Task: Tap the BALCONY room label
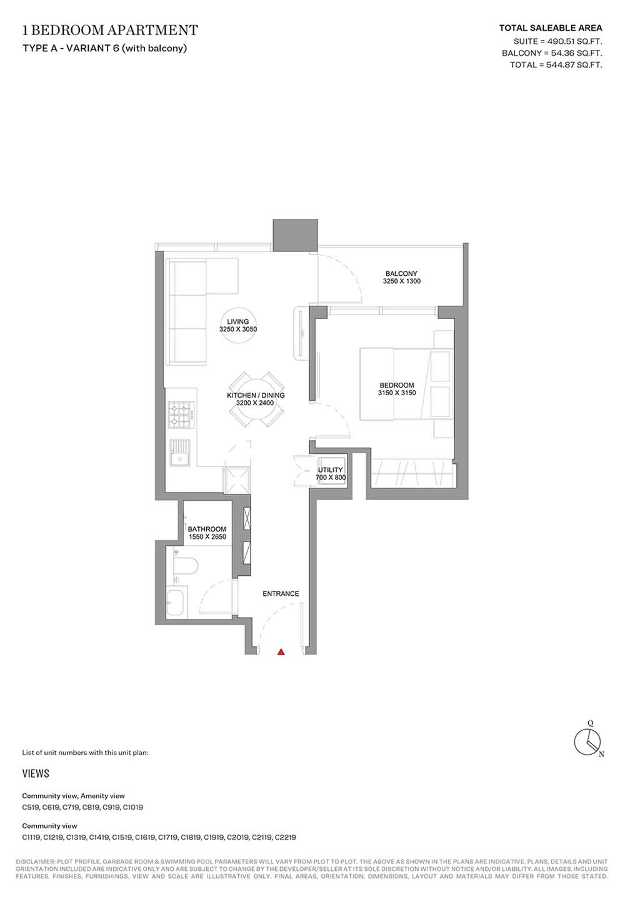pyautogui.click(x=401, y=273)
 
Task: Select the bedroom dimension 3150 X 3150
pyautogui.click(x=396, y=393)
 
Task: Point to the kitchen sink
pyautogui.click(x=180, y=453)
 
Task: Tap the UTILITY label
pyautogui.click(x=330, y=470)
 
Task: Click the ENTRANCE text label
pyautogui.click(x=281, y=593)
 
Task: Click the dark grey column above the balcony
pyautogui.click(x=295, y=236)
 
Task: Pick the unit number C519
pyautogui.click(x=31, y=807)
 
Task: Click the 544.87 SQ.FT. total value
pyautogui.click(x=574, y=65)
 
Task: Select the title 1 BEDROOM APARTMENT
pyautogui.click(x=110, y=30)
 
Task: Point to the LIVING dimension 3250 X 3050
pyautogui.click(x=238, y=329)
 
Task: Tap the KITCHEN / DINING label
pyautogui.click(x=256, y=395)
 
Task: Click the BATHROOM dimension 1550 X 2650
pyautogui.click(x=207, y=536)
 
